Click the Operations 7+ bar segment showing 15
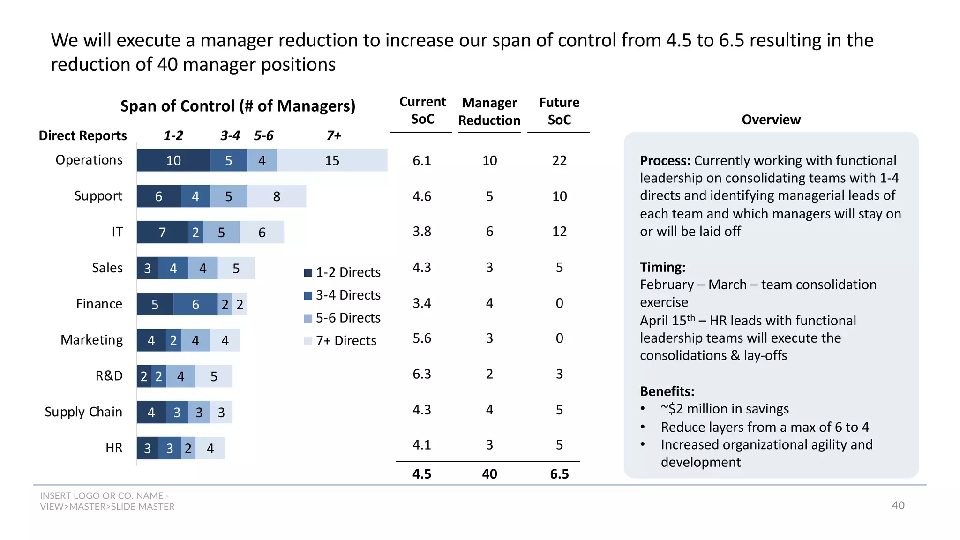[x=332, y=160]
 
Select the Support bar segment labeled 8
[x=277, y=196]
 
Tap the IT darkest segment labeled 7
[x=162, y=232]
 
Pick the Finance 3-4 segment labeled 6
[x=195, y=304]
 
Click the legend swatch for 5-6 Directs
[x=308, y=318]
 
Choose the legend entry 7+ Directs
[x=345, y=341]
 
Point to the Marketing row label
[x=92, y=340]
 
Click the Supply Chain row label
[x=83, y=412]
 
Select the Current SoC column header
[x=422, y=111]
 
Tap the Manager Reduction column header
[x=489, y=112]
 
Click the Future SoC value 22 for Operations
[x=559, y=161]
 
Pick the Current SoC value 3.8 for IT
[x=422, y=232]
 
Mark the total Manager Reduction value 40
[x=489, y=474]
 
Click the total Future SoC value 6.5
[x=559, y=474]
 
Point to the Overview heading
[x=771, y=120]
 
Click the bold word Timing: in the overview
[x=663, y=267]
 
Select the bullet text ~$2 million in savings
[x=725, y=409]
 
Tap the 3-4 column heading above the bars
[x=230, y=136]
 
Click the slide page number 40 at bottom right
[x=898, y=505]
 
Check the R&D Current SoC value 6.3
[x=422, y=374]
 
